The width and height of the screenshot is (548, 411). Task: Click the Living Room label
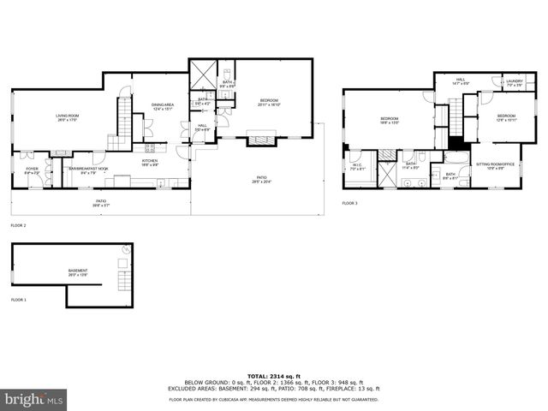pos(67,118)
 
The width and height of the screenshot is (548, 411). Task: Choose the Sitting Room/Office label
pos(494,164)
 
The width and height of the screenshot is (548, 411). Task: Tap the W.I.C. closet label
pos(358,167)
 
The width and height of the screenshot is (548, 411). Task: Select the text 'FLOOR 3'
pos(350,203)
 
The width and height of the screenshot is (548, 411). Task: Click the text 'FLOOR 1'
pos(19,301)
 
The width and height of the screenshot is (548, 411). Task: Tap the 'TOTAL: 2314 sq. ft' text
pos(274,376)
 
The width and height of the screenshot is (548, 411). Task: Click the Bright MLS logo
pos(34,398)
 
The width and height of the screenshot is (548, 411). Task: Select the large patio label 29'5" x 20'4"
pos(259,180)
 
